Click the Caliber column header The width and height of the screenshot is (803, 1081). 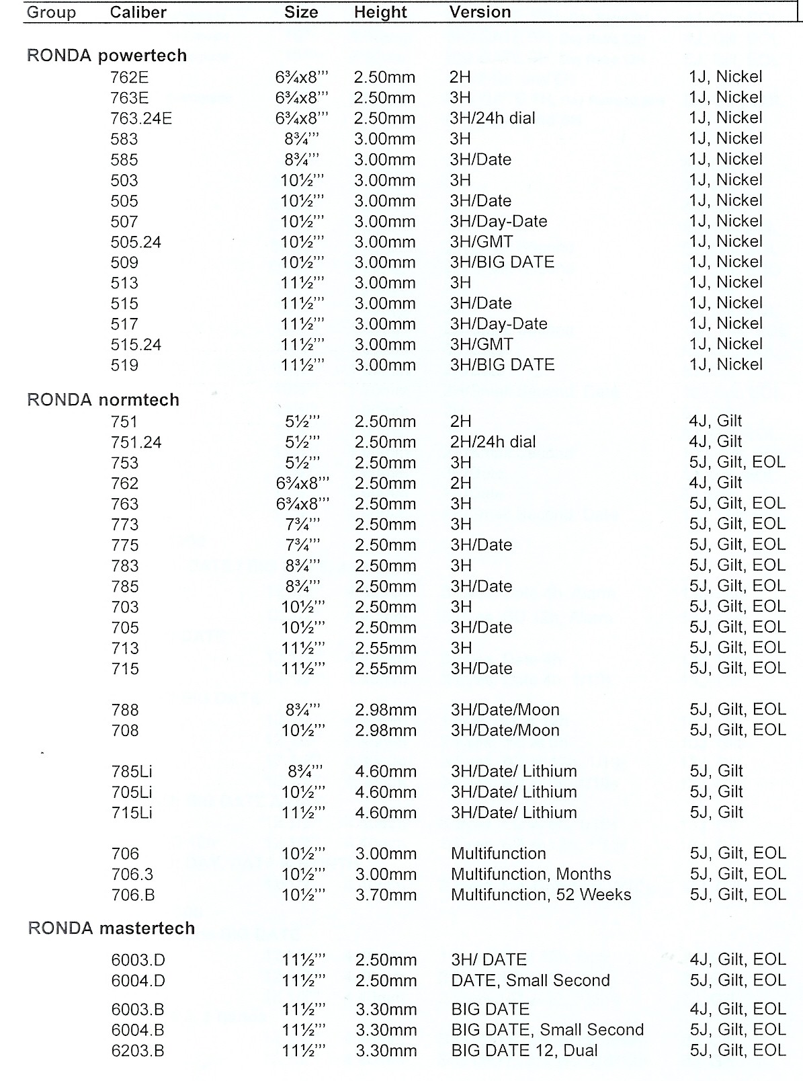pos(138,13)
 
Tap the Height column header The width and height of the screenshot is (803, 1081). pos(380,13)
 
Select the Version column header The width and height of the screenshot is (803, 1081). pos(480,12)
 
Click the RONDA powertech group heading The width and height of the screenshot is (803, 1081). pos(107,56)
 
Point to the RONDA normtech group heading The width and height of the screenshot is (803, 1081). pos(103,400)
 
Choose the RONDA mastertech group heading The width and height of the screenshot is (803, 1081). pos(112,928)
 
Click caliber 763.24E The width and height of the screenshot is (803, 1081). pos(141,118)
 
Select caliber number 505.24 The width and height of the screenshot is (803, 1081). pos(136,242)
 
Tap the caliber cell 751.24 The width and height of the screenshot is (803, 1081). pos(136,442)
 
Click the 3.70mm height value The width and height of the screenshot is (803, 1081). pos(386,895)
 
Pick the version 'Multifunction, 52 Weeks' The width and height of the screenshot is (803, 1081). pos(541,895)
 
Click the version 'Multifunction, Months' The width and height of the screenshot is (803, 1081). pos(531,874)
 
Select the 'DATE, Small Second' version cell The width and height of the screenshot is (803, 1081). pos(530,981)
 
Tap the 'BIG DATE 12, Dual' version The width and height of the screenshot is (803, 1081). pos(524,1051)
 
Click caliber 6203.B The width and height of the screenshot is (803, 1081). pos(138,1051)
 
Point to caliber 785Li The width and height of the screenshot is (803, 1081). pos(132,771)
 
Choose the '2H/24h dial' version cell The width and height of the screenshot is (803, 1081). pos(493,442)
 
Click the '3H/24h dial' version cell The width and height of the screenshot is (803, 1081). pos(493,118)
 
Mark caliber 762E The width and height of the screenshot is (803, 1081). pos(130,77)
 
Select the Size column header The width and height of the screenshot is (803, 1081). pos(301,13)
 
